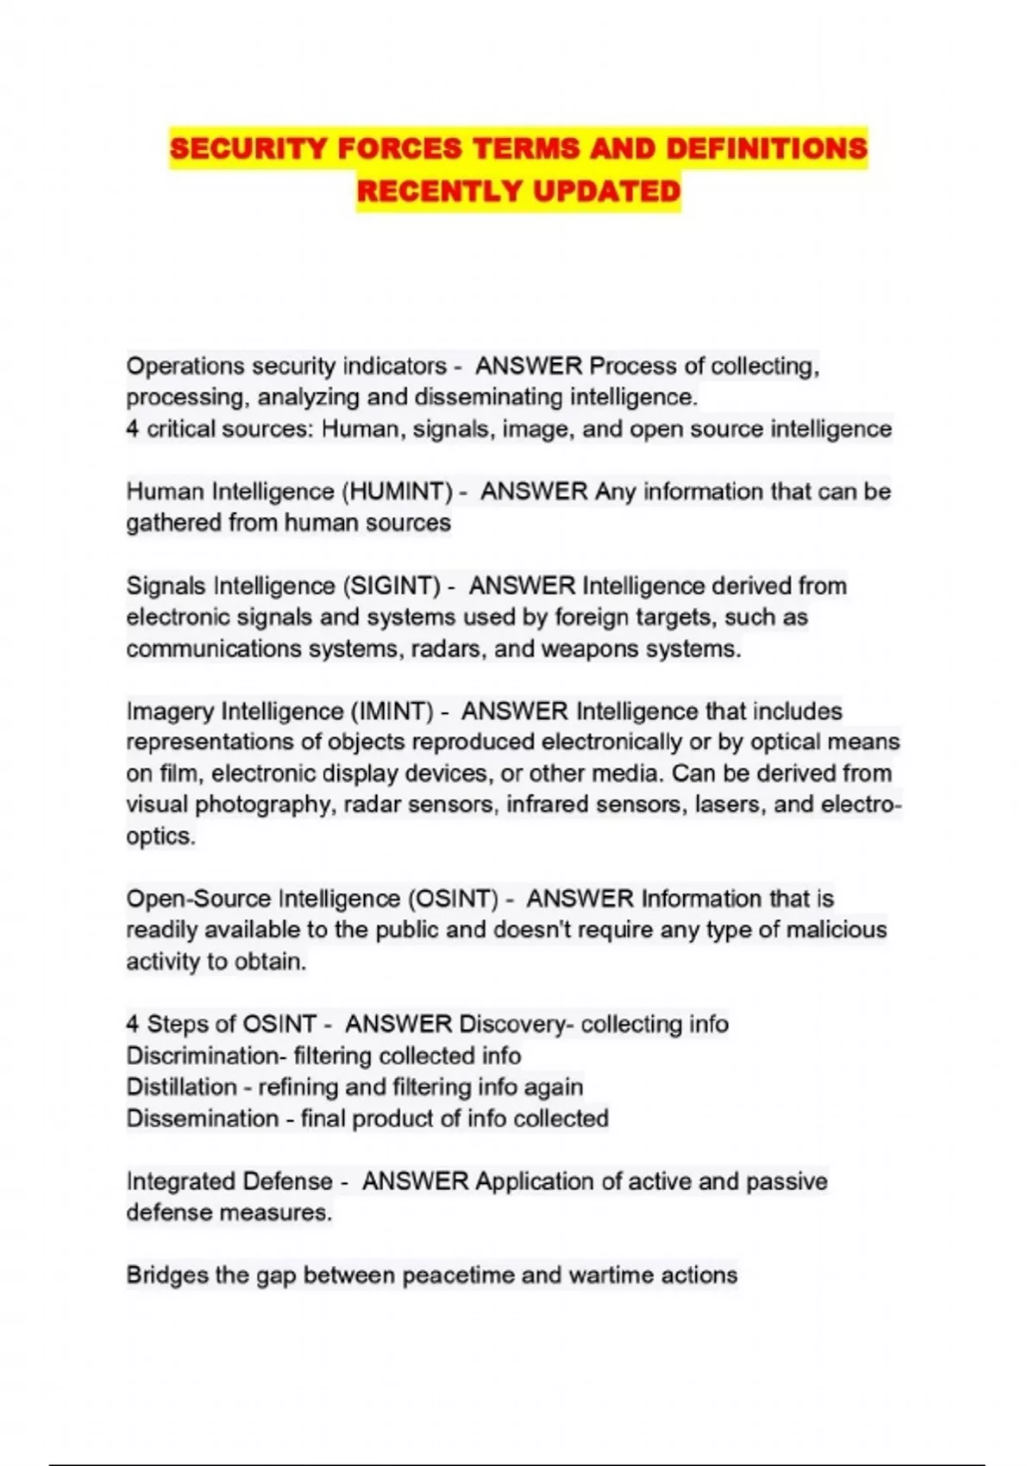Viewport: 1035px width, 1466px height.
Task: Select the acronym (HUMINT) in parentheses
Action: (398, 492)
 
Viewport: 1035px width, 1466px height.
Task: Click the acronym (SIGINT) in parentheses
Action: (392, 586)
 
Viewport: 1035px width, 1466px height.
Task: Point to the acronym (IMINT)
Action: (391, 711)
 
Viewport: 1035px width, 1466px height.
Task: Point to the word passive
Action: (786, 1181)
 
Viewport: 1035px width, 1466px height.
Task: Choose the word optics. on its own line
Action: (160, 836)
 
